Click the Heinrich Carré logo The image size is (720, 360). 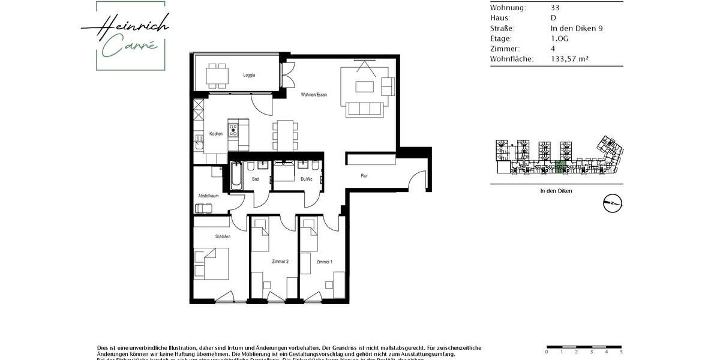coord(125,36)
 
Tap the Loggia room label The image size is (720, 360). coord(249,75)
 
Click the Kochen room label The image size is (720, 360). coord(216,134)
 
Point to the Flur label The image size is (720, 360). coord(364,176)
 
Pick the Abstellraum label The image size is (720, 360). coord(208,196)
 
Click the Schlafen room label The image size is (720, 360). coord(223,236)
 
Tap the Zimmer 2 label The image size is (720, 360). coord(280,262)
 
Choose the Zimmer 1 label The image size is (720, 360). coord(324,262)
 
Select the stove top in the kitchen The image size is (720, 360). coord(234,129)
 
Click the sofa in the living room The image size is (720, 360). coord(364,109)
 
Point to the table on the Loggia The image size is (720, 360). coord(217,75)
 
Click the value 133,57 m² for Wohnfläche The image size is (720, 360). coord(570,59)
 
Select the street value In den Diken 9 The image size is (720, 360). coord(577,28)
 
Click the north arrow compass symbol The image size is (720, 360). coord(613,203)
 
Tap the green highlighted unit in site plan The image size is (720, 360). coord(560,167)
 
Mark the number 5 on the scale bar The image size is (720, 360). coord(621,352)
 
